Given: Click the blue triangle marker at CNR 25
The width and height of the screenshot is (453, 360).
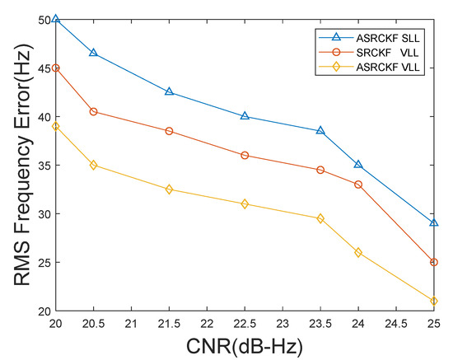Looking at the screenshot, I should [434, 223].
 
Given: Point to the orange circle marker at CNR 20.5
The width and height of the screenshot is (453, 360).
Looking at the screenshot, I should [94, 111].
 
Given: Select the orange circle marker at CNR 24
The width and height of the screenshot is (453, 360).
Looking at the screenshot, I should [358, 185].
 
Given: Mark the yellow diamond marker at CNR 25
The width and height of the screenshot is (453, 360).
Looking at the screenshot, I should [434, 301].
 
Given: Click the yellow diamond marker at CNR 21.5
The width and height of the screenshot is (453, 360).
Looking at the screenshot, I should [170, 189].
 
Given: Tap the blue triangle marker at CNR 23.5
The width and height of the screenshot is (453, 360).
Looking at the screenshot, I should [320, 131].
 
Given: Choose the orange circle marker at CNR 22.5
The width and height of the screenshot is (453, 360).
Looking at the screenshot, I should [245, 155].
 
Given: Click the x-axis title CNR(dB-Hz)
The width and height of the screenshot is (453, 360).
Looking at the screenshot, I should [245, 346].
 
